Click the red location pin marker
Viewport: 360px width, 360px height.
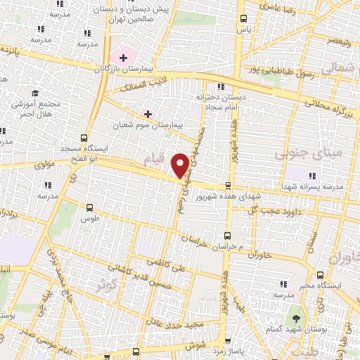click(181, 165)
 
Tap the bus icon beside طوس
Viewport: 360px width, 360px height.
click(89, 208)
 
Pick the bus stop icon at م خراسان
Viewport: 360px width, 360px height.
click(226, 236)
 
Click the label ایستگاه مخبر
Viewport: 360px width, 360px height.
click(333, 285)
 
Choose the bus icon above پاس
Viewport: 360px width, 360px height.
click(243, 19)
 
